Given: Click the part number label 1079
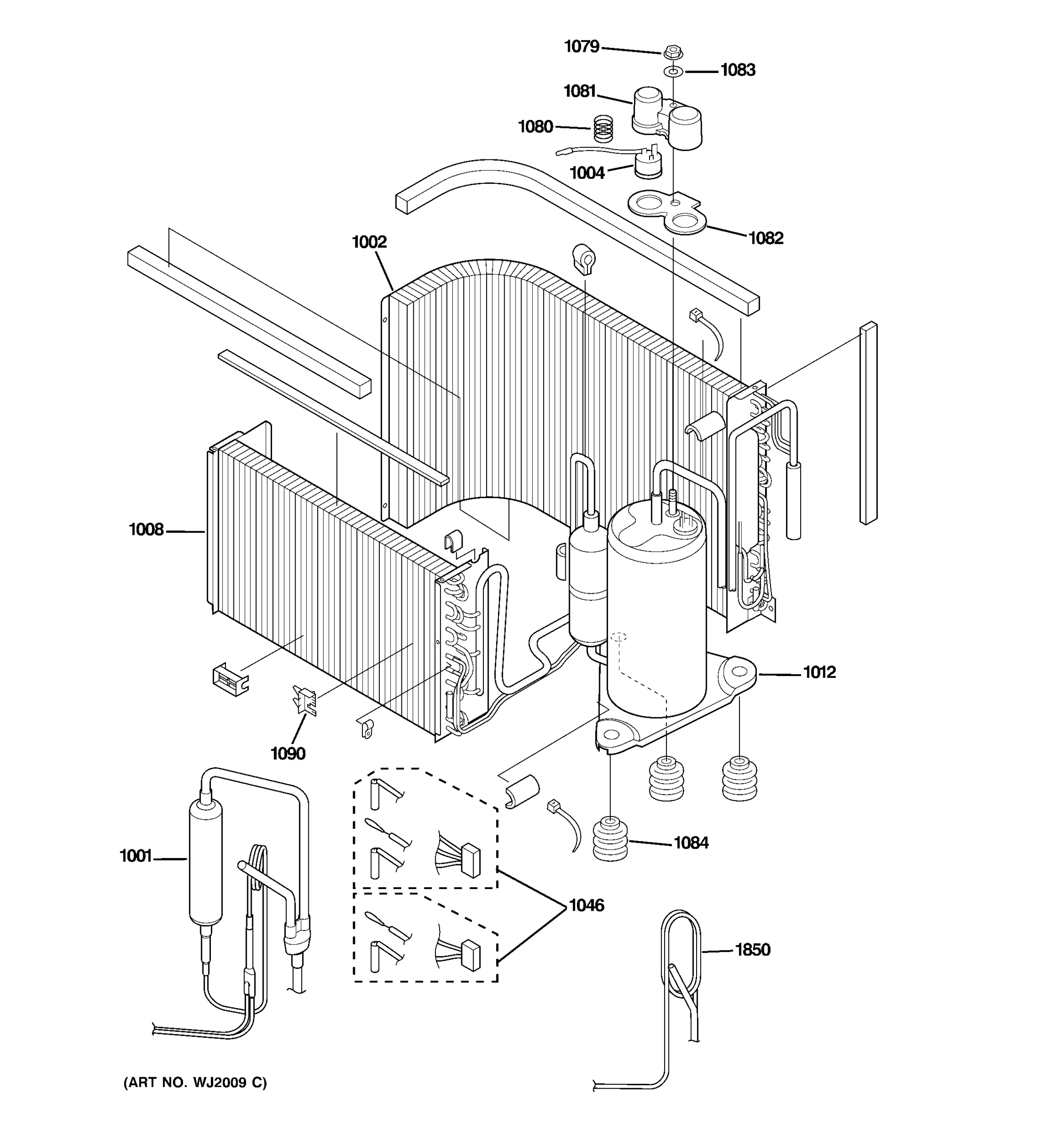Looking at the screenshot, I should pyautogui.click(x=581, y=47).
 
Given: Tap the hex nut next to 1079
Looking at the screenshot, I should pyautogui.click(x=672, y=52).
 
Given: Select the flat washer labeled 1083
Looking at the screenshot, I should pyautogui.click(x=673, y=72).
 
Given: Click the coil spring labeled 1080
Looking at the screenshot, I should pyautogui.click(x=603, y=128).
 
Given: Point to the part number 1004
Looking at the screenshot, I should pyautogui.click(x=587, y=173).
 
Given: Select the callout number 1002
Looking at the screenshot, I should pyautogui.click(x=369, y=242).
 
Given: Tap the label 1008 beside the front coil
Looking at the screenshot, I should pyautogui.click(x=146, y=530).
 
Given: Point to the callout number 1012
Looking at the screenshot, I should pyautogui.click(x=819, y=672).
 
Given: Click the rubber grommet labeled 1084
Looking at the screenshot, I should pyautogui.click(x=610, y=839).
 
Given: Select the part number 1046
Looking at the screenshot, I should pyautogui.click(x=586, y=905).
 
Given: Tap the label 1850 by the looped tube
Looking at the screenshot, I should pyautogui.click(x=752, y=950).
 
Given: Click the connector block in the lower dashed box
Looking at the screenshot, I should pyautogui.click(x=472, y=956).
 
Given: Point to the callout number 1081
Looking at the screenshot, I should pyautogui.click(x=579, y=91).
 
